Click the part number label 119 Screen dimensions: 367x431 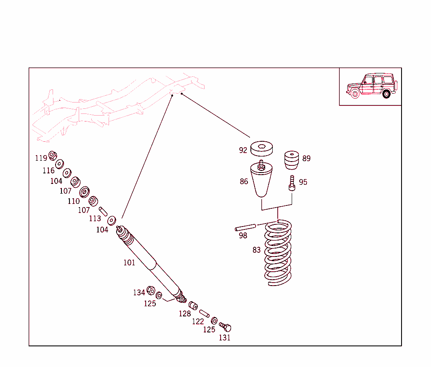41,159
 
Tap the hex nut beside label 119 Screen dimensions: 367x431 53,155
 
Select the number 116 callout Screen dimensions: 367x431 48,171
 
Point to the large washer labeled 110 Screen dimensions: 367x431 84,192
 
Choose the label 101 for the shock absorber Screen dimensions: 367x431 129,263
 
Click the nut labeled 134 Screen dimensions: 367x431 151,291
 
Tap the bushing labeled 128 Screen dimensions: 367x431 193,305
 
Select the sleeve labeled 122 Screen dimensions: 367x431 205,313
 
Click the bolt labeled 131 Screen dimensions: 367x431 226,327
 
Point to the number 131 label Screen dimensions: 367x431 224,338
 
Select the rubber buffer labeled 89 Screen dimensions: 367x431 290,160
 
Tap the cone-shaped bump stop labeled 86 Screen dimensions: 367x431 261,181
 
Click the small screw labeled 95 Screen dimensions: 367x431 292,183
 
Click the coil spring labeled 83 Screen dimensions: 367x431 278,253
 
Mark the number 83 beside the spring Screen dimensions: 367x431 257,250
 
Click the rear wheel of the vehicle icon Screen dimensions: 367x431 386,94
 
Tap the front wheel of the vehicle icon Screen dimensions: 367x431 355,94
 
